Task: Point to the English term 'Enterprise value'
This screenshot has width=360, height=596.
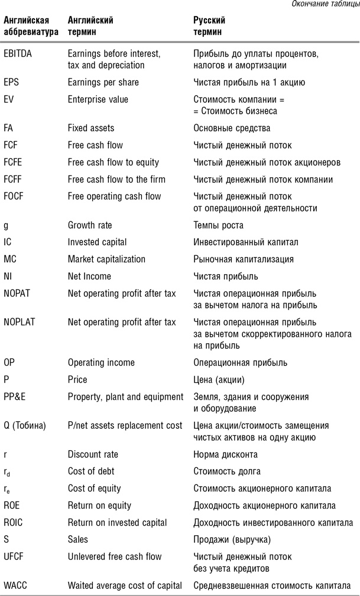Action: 98,99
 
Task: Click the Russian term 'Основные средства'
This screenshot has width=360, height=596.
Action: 232,128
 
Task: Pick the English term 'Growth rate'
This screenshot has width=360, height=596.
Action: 90,225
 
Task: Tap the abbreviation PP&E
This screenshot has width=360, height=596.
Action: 15,396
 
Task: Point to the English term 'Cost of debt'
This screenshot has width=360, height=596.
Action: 91,471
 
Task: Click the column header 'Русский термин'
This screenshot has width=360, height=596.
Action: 210,25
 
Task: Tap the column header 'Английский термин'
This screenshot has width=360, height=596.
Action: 90,25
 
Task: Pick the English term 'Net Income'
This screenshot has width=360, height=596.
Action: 89,276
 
